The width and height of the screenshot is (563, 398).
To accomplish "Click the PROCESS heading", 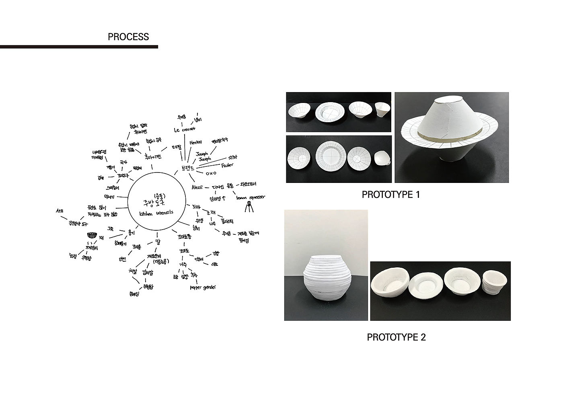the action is point(128,37).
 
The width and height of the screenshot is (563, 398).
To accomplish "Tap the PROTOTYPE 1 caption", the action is point(390,195).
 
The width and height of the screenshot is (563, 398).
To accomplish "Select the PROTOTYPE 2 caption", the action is point(396,337).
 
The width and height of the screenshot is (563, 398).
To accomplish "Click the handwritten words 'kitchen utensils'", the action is point(156,213).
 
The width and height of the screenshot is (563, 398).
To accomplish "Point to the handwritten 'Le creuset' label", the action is point(185,129).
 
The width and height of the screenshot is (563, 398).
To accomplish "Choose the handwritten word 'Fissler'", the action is point(227,165).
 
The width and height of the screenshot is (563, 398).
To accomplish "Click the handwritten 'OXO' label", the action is point(211,173).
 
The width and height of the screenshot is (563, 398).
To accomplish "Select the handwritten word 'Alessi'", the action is point(197,187).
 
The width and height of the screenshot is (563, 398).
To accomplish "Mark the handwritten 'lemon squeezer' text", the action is point(248,197).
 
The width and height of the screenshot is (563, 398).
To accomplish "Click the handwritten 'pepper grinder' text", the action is point(203,287).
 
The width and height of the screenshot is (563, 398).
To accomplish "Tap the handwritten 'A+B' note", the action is point(60,211).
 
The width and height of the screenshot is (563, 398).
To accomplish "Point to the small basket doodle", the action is point(92,236).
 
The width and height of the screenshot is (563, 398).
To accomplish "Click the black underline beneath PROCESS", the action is point(79,47).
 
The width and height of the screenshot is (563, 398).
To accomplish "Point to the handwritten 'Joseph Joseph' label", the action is point(203,156).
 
